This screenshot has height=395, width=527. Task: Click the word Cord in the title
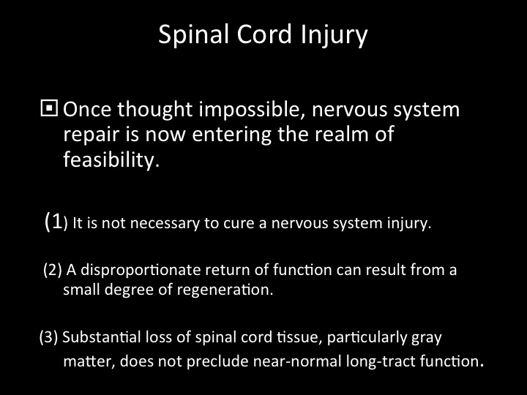point(263,34)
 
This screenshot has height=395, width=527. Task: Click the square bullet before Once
point(49,108)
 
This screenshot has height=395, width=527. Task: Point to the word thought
point(155,110)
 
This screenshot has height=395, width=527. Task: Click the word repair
point(91,135)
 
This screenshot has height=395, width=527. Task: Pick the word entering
point(231,135)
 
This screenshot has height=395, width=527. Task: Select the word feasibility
point(111,159)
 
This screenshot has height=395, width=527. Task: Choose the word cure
point(239,224)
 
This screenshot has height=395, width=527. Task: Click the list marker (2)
point(53,270)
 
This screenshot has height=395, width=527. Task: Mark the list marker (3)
point(49,337)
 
